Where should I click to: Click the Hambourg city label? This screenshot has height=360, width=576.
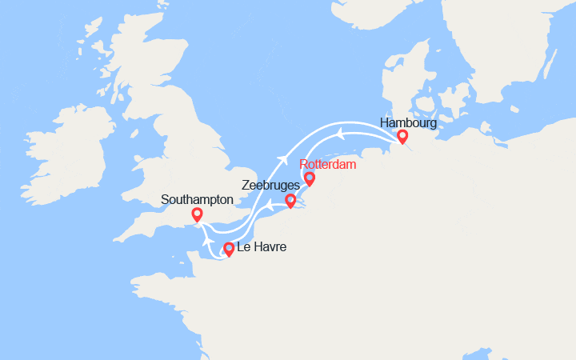tap(409, 123)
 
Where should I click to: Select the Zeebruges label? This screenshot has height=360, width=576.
tap(270, 185)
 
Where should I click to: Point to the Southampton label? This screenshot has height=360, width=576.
tap(196, 198)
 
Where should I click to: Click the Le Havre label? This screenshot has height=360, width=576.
tap(262, 248)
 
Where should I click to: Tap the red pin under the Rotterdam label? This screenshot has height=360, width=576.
tap(310, 179)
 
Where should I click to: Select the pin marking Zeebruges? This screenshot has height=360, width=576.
tap(290, 200)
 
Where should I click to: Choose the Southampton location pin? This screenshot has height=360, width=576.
tap(197, 214)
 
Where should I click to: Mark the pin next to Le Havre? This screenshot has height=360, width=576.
tap(229, 249)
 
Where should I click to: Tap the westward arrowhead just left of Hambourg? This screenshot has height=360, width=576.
tap(341, 133)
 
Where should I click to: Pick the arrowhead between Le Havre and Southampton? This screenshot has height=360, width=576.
tap(207, 240)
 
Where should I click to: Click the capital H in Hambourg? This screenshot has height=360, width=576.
tap(385, 123)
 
